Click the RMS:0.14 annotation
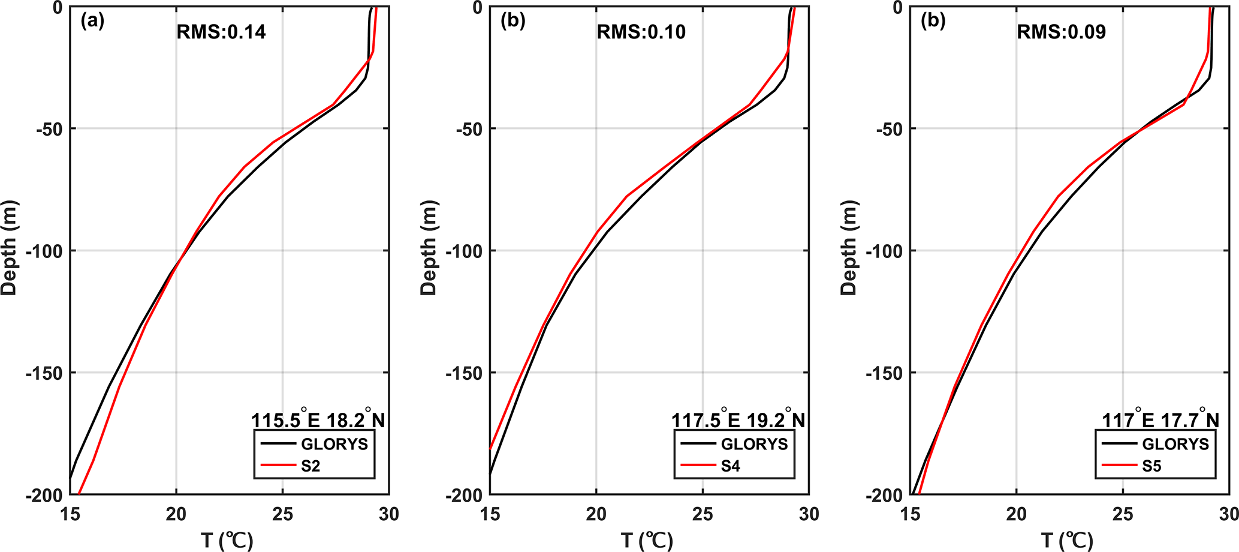point(221,32)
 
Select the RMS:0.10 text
point(641,32)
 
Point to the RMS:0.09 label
point(1061,32)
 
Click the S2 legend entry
point(310,466)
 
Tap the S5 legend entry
point(1151,466)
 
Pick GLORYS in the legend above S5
point(1175,444)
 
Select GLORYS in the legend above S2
point(334,444)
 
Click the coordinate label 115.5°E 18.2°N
point(318,419)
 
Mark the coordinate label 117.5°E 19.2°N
point(738,419)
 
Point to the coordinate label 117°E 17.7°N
point(1160,419)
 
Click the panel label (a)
point(92,21)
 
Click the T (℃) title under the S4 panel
point(647,541)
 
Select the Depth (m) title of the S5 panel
point(849,248)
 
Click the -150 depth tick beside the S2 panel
point(43,373)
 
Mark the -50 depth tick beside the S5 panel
point(888,129)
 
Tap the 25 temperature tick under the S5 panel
point(1123,515)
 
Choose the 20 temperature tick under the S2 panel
point(176,515)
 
